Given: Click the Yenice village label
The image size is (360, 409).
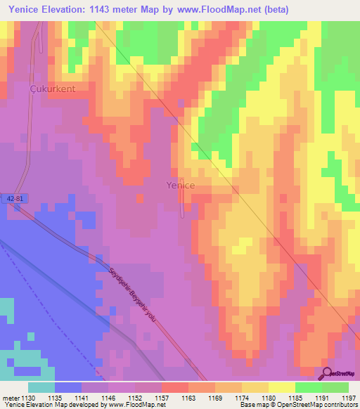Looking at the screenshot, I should point(180,186).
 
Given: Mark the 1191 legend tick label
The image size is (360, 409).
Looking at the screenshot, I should point(321,397).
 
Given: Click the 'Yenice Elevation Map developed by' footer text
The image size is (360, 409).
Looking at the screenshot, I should point(52,405).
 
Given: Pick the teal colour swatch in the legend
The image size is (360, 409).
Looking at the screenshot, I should point(41,387).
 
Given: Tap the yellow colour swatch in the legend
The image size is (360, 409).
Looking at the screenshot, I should point(281,387).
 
